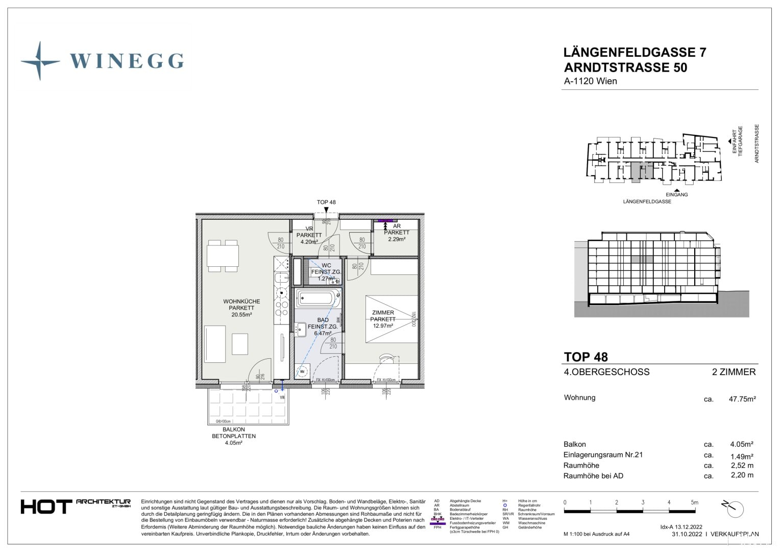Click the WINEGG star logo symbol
pos(40,61)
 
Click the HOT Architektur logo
pos(76,506)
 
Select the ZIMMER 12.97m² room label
pos(383,319)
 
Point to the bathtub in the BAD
pos(317,297)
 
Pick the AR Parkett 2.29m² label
pos(397,233)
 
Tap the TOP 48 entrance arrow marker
pos(326,209)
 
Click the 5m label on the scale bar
pos(694,502)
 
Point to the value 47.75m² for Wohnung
pos(742,399)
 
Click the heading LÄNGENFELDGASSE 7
pos(635,52)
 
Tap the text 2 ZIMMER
pos(734,372)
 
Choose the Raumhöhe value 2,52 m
pos(742,465)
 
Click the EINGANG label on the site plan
pos(676,195)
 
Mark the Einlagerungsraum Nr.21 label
pos(603,455)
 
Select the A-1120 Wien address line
pos(590,81)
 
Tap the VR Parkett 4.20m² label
pos(309,235)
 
